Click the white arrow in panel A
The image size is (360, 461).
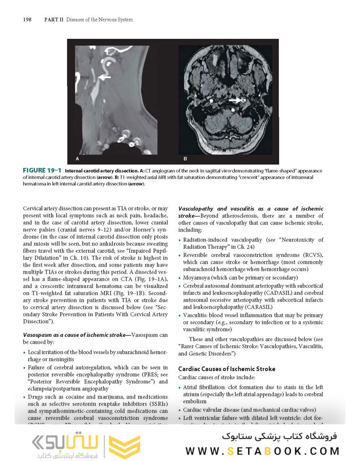104,78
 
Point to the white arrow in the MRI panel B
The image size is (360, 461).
235,99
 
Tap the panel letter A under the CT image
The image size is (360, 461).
78,159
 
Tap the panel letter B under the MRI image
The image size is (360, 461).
185,159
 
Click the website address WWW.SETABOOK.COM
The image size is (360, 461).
262,451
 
